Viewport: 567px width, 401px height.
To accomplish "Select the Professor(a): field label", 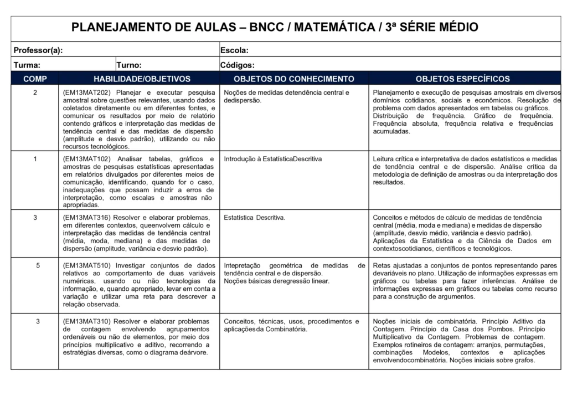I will (x=38, y=50).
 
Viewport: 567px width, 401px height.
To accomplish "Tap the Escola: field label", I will (x=234, y=50).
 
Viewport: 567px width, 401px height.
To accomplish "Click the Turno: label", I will (x=129, y=65).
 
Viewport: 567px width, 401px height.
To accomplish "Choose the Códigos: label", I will (x=238, y=65).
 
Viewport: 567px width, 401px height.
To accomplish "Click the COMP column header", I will (x=35, y=79).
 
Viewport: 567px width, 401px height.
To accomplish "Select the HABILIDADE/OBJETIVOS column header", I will (x=142, y=79).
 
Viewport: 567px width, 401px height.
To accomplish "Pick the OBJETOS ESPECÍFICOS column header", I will (x=463, y=79).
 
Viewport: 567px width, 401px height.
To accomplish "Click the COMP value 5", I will (x=38, y=266).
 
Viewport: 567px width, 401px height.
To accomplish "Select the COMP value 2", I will (x=35, y=92).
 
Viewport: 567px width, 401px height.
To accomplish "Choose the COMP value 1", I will (x=35, y=159).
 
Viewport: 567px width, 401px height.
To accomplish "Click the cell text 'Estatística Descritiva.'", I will (x=255, y=218).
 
